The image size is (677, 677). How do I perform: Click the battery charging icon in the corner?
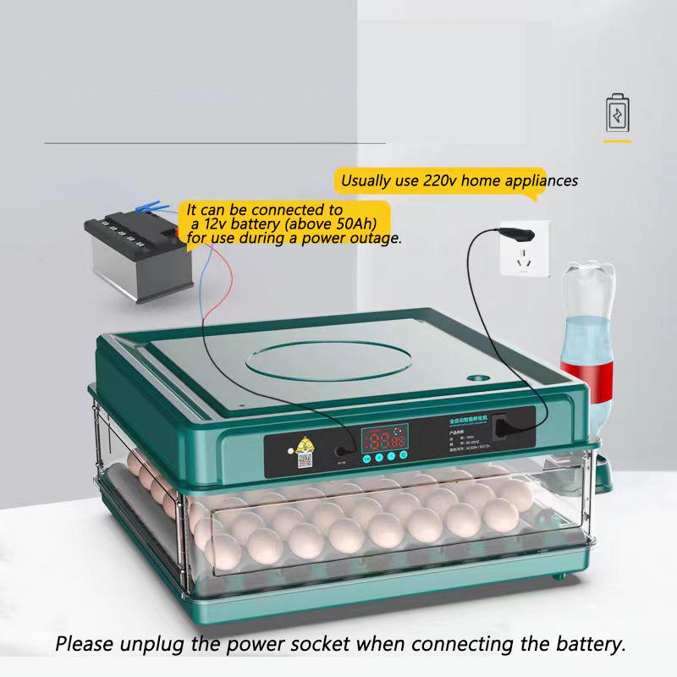[618, 113]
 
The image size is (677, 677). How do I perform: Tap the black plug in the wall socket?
[513, 230]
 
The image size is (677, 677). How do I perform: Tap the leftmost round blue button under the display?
[366, 458]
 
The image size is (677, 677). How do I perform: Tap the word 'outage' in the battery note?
[375, 239]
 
